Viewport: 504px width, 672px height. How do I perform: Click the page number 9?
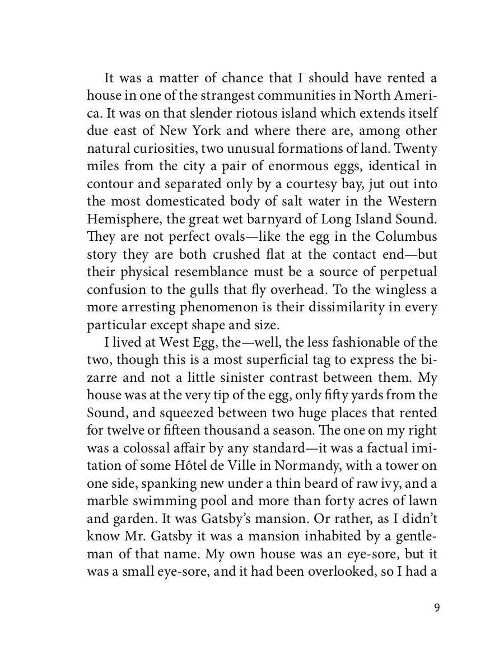coord(436,608)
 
